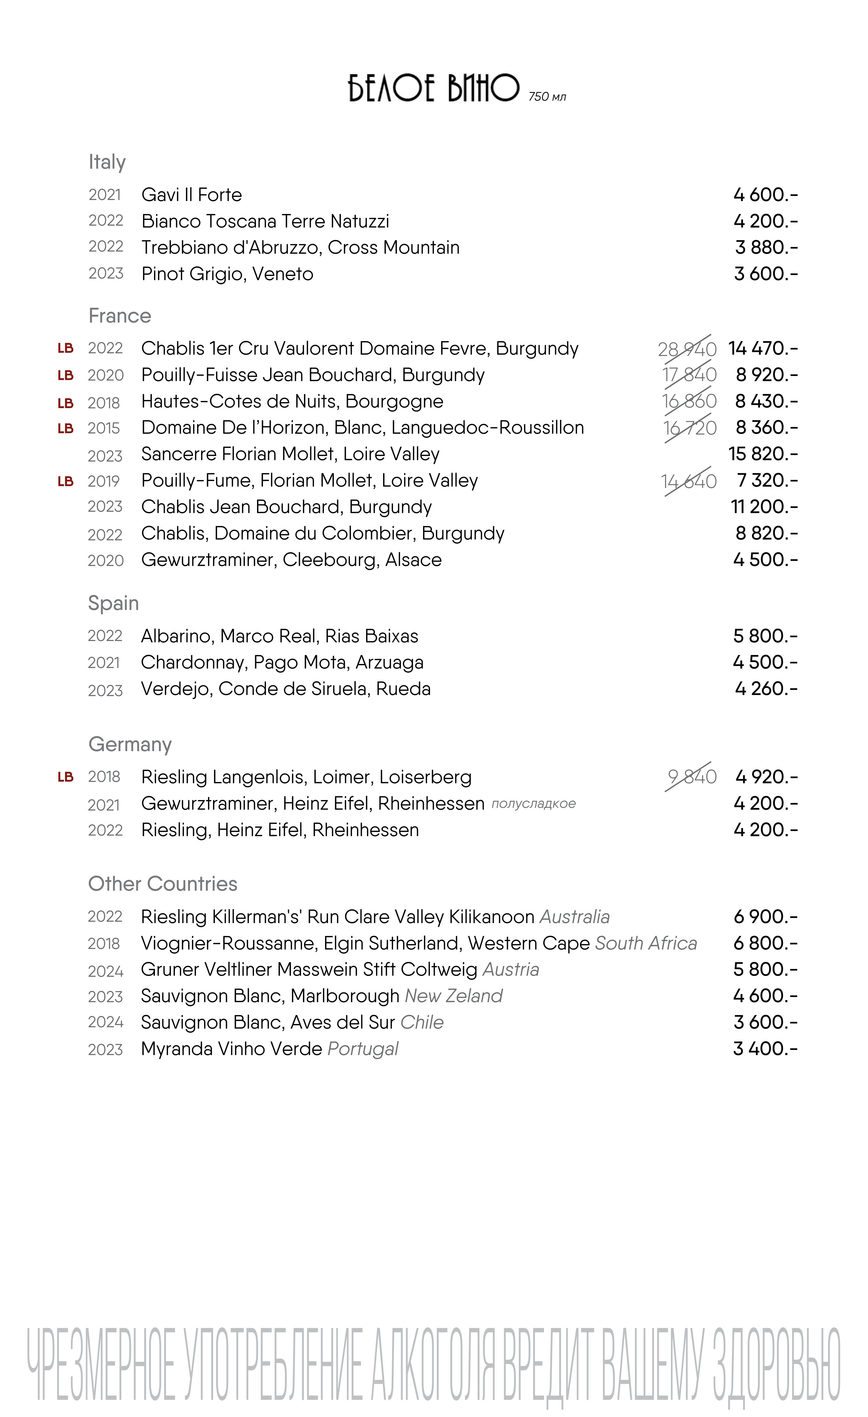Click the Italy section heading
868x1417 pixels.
tap(107, 162)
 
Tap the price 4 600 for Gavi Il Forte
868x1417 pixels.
tap(765, 195)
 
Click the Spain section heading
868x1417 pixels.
tap(113, 603)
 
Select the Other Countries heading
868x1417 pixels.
tap(163, 884)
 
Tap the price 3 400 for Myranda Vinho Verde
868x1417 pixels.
tap(765, 1049)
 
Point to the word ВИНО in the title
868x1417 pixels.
tap(483, 88)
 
